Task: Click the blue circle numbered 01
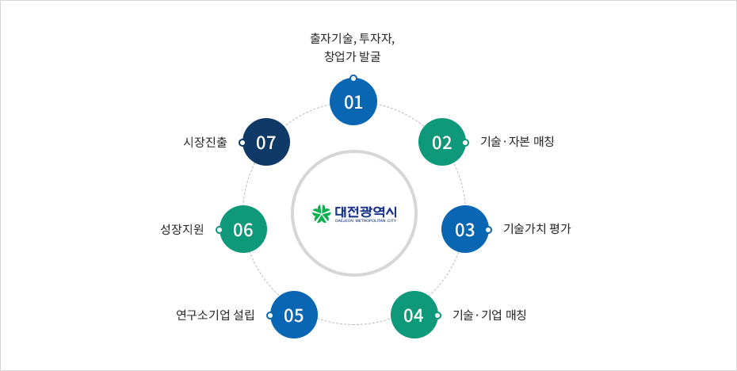(353, 101)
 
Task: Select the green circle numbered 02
(442, 142)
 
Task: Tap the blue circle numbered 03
(465, 229)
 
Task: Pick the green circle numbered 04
(414, 315)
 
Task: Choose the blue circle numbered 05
(294, 315)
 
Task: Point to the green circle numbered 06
(243, 229)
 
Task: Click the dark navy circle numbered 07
(266, 142)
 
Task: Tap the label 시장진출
(205, 142)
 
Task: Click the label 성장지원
(182, 230)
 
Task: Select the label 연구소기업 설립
(215, 315)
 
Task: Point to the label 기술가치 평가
(537, 229)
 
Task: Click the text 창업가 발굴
(353, 57)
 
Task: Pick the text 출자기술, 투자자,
(353, 39)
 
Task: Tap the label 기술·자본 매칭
(517, 142)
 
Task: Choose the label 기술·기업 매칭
(490, 315)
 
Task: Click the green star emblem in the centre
(322, 214)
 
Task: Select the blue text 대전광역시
(365, 211)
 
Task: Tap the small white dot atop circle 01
(353, 78)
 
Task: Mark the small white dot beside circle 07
(242, 143)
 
